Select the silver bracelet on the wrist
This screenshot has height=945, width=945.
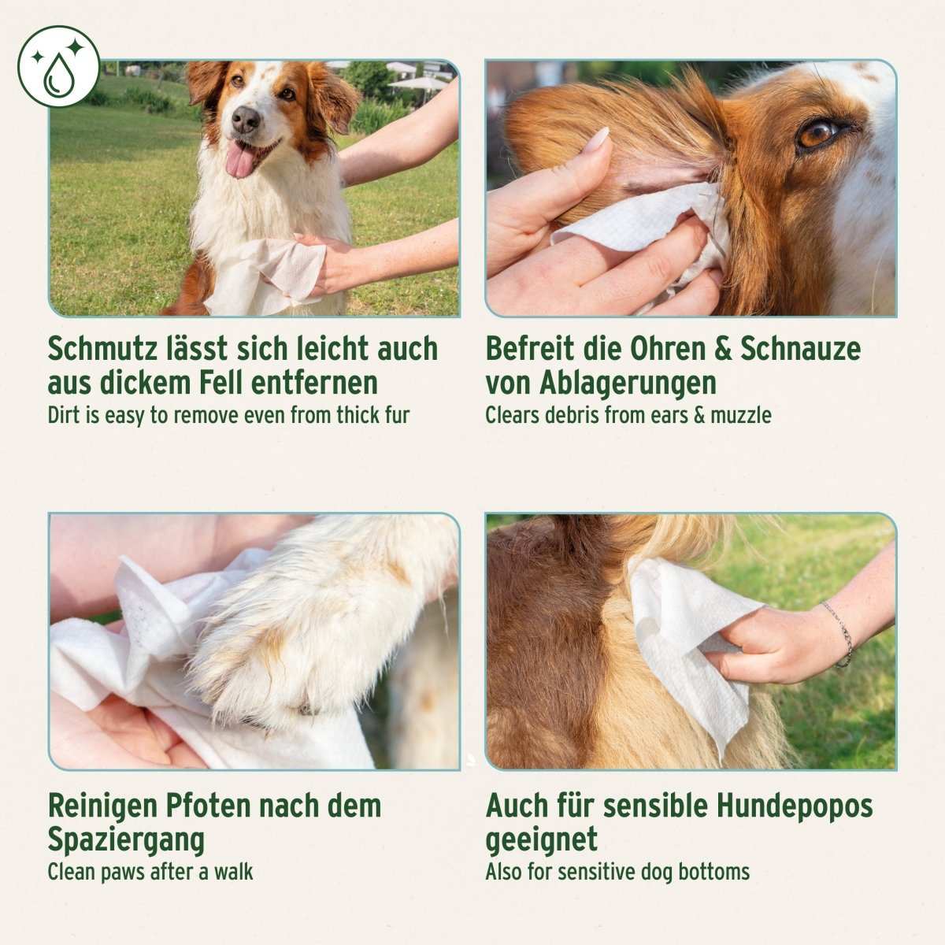click(840, 633)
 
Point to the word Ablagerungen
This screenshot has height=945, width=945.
click(628, 384)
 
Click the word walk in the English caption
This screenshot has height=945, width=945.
click(234, 873)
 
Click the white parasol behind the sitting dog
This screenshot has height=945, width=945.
click(417, 81)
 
